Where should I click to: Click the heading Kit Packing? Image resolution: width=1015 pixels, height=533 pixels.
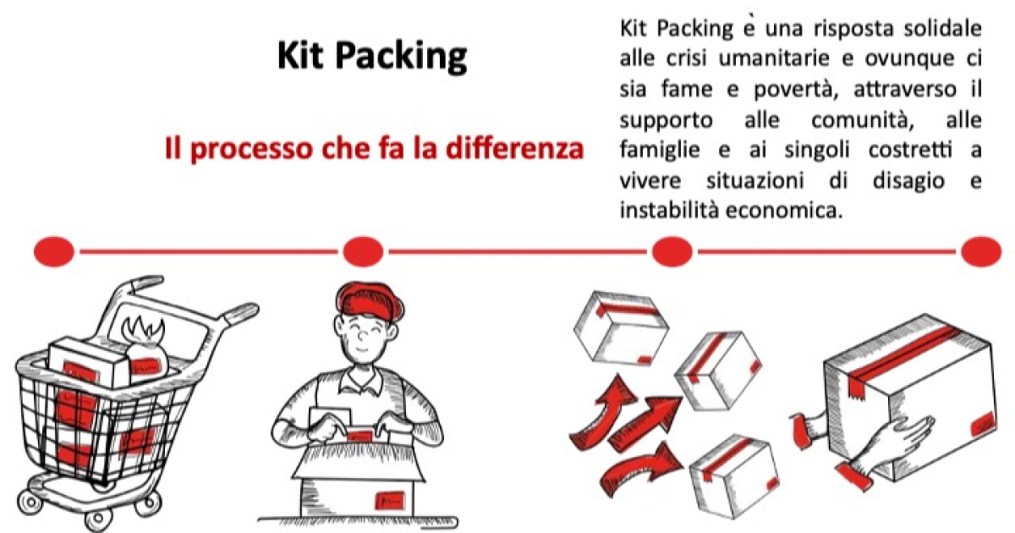point(372,56)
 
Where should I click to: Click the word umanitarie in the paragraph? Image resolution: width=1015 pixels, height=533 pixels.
point(775,58)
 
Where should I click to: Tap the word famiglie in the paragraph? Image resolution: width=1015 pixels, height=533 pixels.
point(659,151)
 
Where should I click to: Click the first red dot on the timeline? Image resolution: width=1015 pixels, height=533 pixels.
point(54,251)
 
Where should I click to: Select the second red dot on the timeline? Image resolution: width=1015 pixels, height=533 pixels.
point(363,251)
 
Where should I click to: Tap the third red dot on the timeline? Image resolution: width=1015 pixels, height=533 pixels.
point(672,251)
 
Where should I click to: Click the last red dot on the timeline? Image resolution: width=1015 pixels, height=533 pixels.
point(981,251)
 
